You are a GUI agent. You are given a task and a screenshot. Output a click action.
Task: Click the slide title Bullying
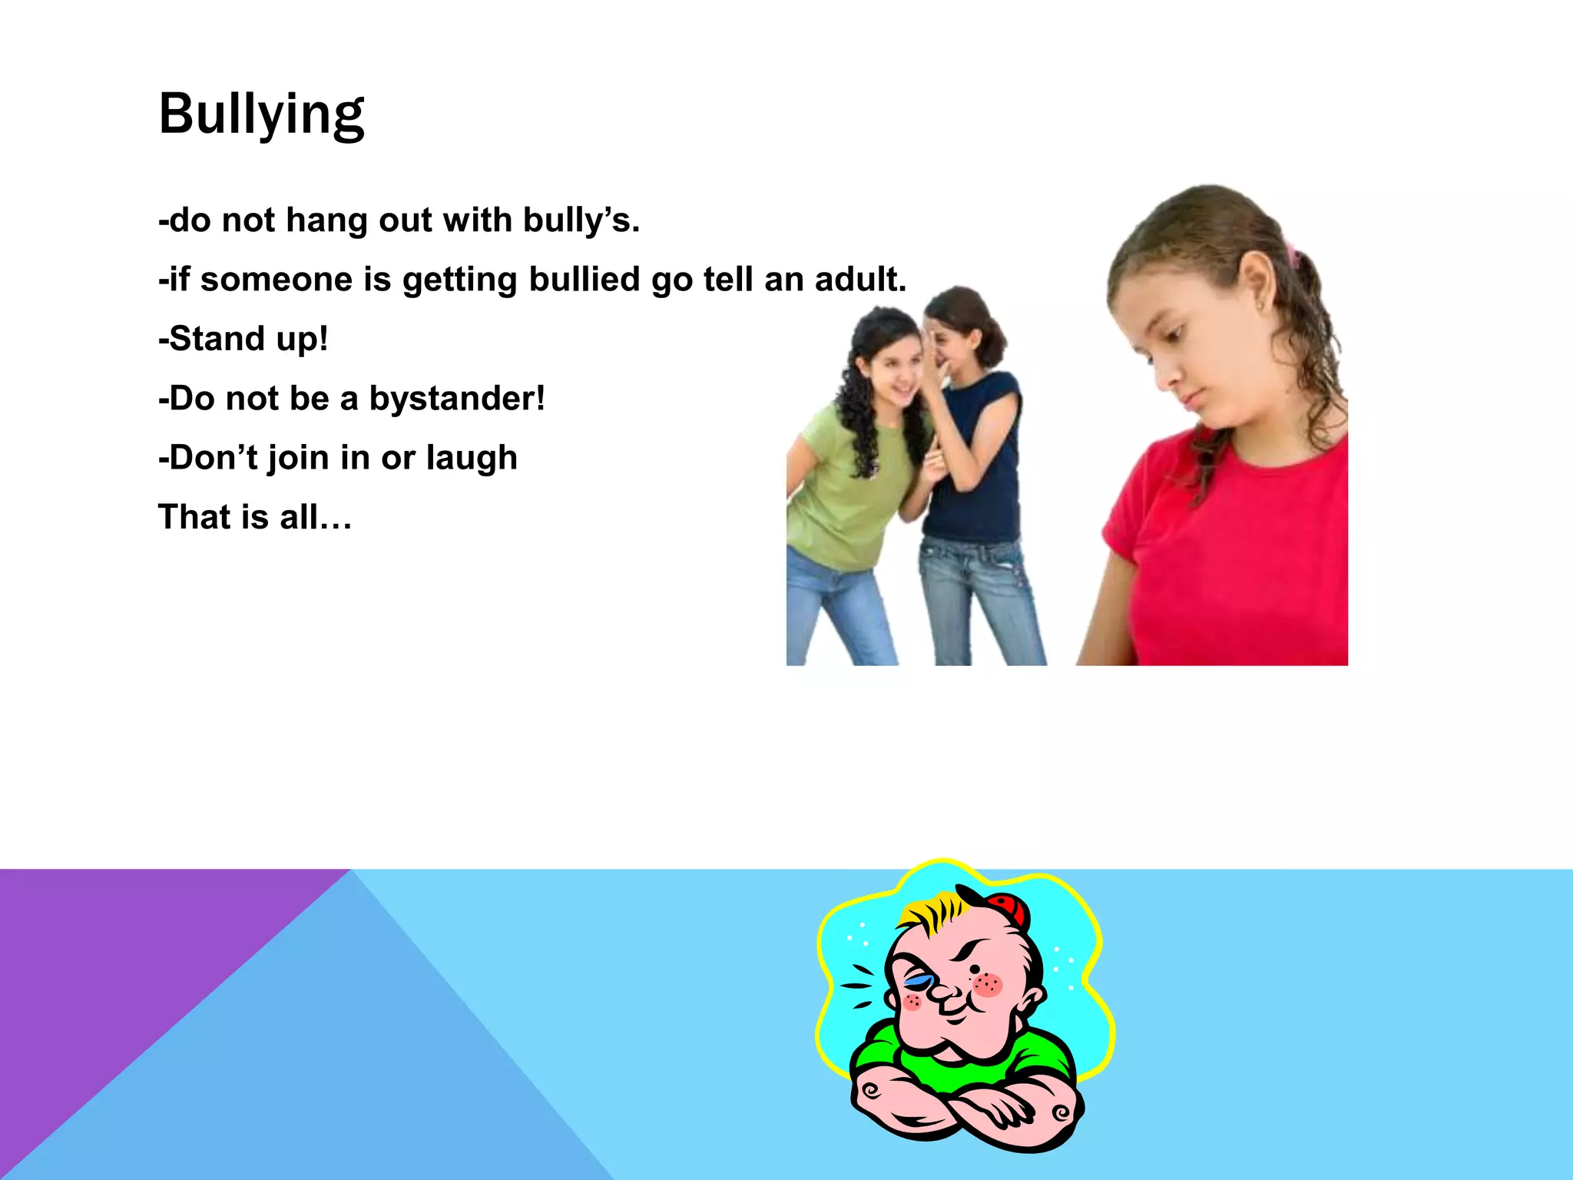pyautogui.click(x=261, y=114)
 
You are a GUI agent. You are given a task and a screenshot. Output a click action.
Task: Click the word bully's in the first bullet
pyautogui.click(x=581, y=220)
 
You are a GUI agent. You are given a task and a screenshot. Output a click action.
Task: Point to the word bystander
pyautogui.click(x=456, y=399)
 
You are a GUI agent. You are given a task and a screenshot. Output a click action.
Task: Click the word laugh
pyautogui.click(x=472, y=458)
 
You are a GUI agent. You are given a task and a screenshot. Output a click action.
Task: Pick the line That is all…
pyautogui.click(x=255, y=517)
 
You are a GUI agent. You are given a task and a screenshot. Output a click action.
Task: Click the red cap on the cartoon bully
pyautogui.click(x=1008, y=910)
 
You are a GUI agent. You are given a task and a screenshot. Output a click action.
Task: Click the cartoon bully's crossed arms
pyautogui.click(x=968, y=1106)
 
